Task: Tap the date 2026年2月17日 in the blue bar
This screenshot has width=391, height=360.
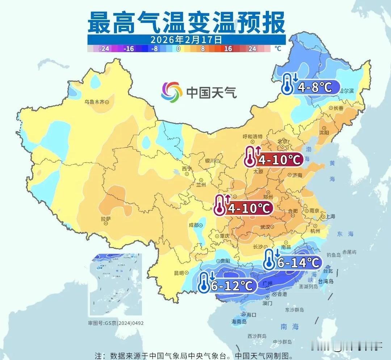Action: (186, 39)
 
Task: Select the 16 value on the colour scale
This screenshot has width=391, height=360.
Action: (228, 49)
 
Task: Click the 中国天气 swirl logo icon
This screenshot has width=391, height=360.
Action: (172, 92)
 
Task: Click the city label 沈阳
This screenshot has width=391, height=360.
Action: (324, 133)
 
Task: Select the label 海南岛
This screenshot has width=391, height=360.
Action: (239, 321)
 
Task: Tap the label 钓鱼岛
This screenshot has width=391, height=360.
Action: (333, 255)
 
